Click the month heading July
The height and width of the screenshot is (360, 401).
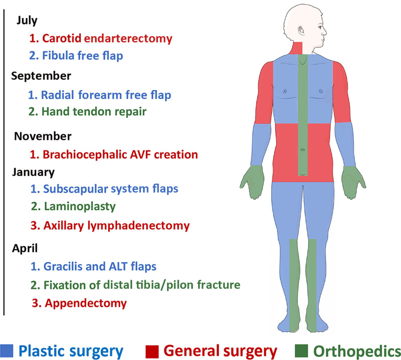pos(27,21)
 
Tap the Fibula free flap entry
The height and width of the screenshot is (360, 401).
pos(76,56)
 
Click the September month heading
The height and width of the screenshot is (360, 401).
pos(41,76)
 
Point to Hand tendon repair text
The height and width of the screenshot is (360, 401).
pos(87,111)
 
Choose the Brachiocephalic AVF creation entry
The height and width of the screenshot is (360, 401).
pos(113,154)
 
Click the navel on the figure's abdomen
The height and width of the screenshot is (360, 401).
pos(302,149)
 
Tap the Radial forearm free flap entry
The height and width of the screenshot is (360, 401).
pos(100,94)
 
